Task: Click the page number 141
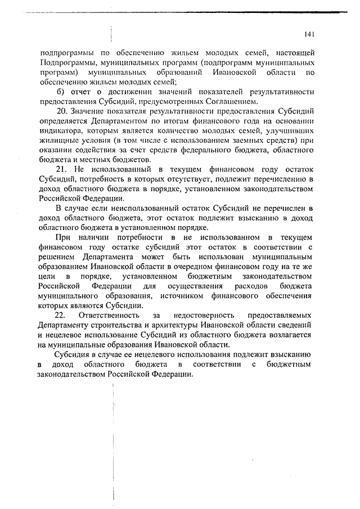308,34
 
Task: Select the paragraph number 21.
60,169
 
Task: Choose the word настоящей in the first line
296,53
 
